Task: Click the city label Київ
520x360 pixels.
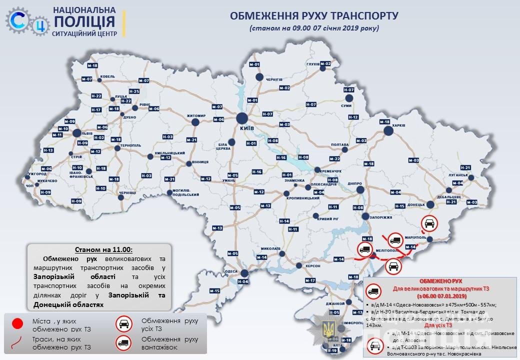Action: click(x=247, y=128)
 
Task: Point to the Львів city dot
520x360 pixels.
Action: click(x=77, y=133)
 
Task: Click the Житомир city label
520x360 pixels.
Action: click(x=196, y=115)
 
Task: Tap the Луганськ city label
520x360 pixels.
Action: click(x=457, y=175)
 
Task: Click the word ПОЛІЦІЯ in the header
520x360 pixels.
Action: click(x=84, y=21)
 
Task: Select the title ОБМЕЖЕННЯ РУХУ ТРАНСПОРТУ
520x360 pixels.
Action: click(x=314, y=16)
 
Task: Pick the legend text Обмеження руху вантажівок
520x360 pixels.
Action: click(x=169, y=343)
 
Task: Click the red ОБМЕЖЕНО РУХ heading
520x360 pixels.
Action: click(x=440, y=281)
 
